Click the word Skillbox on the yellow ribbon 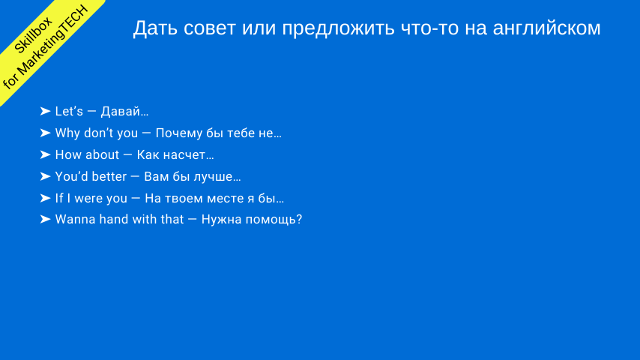pos(34,35)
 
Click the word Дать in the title pos(156,28)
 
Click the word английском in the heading pos(546,28)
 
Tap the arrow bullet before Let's pos(45,111)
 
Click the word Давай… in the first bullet pos(125,111)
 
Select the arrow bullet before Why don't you pos(45,133)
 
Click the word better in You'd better pos(108,176)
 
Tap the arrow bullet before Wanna pos(45,220)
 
